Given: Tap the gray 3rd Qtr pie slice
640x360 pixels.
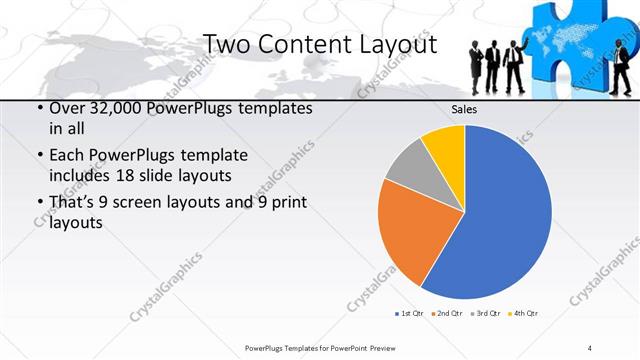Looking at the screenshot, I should (x=409, y=168).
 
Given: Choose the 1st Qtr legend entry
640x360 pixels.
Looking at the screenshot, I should (x=410, y=313).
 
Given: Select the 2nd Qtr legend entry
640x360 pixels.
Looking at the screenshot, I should (x=447, y=313).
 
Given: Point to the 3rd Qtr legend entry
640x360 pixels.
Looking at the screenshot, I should (x=486, y=313).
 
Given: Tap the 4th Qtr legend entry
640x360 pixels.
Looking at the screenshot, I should (x=524, y=313).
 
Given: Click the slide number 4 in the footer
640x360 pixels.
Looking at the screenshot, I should (x=590, y=347).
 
